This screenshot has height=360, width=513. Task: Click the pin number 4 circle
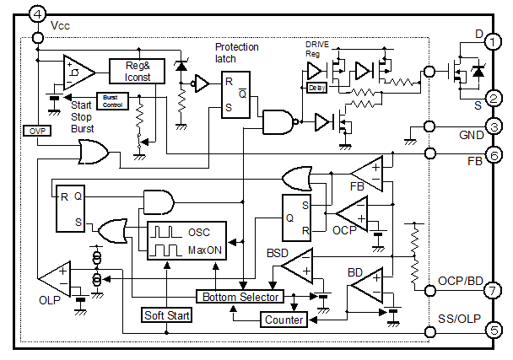(13, 13)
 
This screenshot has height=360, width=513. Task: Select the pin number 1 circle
(494, 40)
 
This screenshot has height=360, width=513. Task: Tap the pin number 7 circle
(494, 289)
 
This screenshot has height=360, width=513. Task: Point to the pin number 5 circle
(494, 329)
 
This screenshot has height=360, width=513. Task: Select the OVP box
(35, 131)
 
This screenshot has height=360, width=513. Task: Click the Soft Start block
(165, 315)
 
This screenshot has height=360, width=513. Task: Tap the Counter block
(283, 320)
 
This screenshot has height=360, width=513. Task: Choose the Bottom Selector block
(240, 297)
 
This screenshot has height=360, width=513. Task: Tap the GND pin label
(471, 135)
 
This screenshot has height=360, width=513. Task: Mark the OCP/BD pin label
(461, 280)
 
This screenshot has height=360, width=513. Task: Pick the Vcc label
(61, 26)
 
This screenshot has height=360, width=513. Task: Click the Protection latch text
(236, 53)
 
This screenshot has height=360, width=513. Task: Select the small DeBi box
(316, 87)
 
